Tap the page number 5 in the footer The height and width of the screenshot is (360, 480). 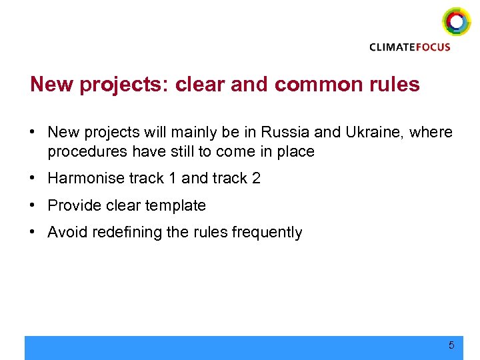pos(451,345)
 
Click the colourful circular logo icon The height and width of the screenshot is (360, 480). pos(456,22)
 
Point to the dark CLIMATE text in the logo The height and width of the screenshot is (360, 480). pos(393,47)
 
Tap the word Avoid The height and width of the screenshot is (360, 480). pos(65,233)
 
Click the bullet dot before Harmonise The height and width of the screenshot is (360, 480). pos(33,179)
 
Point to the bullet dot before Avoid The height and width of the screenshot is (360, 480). pos(33,233)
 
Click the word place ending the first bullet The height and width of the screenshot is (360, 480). pos(296,152)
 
